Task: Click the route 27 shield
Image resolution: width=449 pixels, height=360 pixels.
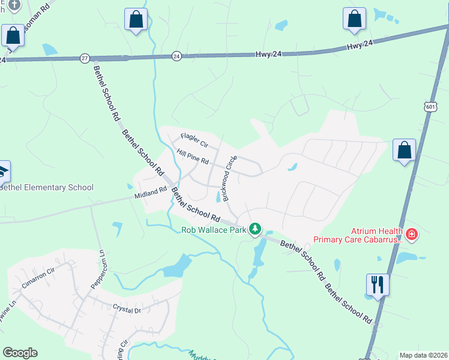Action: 85,58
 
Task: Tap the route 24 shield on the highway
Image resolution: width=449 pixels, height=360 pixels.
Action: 176,55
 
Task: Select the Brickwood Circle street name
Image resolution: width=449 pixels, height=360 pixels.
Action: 229,178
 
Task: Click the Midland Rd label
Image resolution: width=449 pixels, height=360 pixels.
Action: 150,193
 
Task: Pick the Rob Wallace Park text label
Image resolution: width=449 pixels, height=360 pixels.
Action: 215,229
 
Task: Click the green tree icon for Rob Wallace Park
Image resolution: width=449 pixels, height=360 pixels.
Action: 256,229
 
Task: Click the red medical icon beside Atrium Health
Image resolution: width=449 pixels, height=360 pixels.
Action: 412,233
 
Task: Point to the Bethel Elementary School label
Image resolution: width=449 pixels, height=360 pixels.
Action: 47,187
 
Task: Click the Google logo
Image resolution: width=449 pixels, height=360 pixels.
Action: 20,353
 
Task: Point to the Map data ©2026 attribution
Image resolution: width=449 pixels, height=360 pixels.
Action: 423,355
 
